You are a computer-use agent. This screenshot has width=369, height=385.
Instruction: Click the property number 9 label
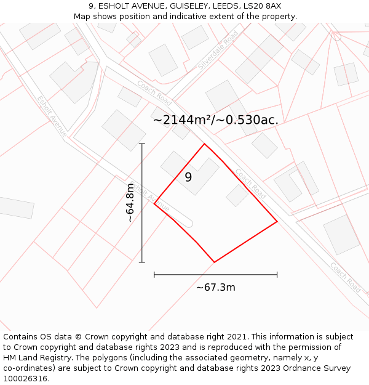(x=188, y=177)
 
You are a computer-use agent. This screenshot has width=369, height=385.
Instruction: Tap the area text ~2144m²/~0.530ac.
(x=215, y=120)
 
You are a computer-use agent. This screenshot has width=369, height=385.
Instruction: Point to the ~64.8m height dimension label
(x=130, y=203)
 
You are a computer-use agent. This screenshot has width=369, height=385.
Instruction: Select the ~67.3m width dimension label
(x=215, y=287)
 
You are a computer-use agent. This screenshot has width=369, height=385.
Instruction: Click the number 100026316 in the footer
(x=25, y=378)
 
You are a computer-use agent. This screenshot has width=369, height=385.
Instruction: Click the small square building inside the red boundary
(x=237, y=195)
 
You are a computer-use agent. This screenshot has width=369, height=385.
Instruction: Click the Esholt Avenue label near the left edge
(x=52, y=116)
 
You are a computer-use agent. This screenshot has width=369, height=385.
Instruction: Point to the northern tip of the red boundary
(x=204, y=144)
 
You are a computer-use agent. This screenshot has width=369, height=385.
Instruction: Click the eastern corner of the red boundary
(x=277, y=221)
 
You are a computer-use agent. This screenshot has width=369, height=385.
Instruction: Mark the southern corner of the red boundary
(x=214, y=262)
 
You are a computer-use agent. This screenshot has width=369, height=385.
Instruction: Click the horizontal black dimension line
(x=215, y=274)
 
